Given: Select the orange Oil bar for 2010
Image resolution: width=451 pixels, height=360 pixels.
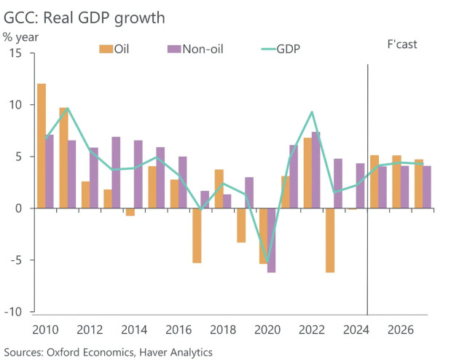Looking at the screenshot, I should [42, 146].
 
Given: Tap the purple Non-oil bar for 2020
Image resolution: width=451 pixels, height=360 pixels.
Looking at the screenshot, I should [272, 240].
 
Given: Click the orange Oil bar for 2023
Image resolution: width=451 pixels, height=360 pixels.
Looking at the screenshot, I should [330, 240].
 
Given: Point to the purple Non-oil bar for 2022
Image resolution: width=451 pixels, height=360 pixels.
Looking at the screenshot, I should [316, 170].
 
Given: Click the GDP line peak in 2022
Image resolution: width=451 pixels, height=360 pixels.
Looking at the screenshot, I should [312, 112].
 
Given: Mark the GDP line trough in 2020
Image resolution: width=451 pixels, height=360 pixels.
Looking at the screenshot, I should [267, 262].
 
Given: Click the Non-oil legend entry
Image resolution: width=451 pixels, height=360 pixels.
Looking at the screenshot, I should [195, 49].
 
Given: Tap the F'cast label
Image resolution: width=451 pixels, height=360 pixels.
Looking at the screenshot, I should [401, 45].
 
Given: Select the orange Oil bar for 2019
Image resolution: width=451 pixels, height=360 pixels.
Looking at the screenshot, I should [241, 225].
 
